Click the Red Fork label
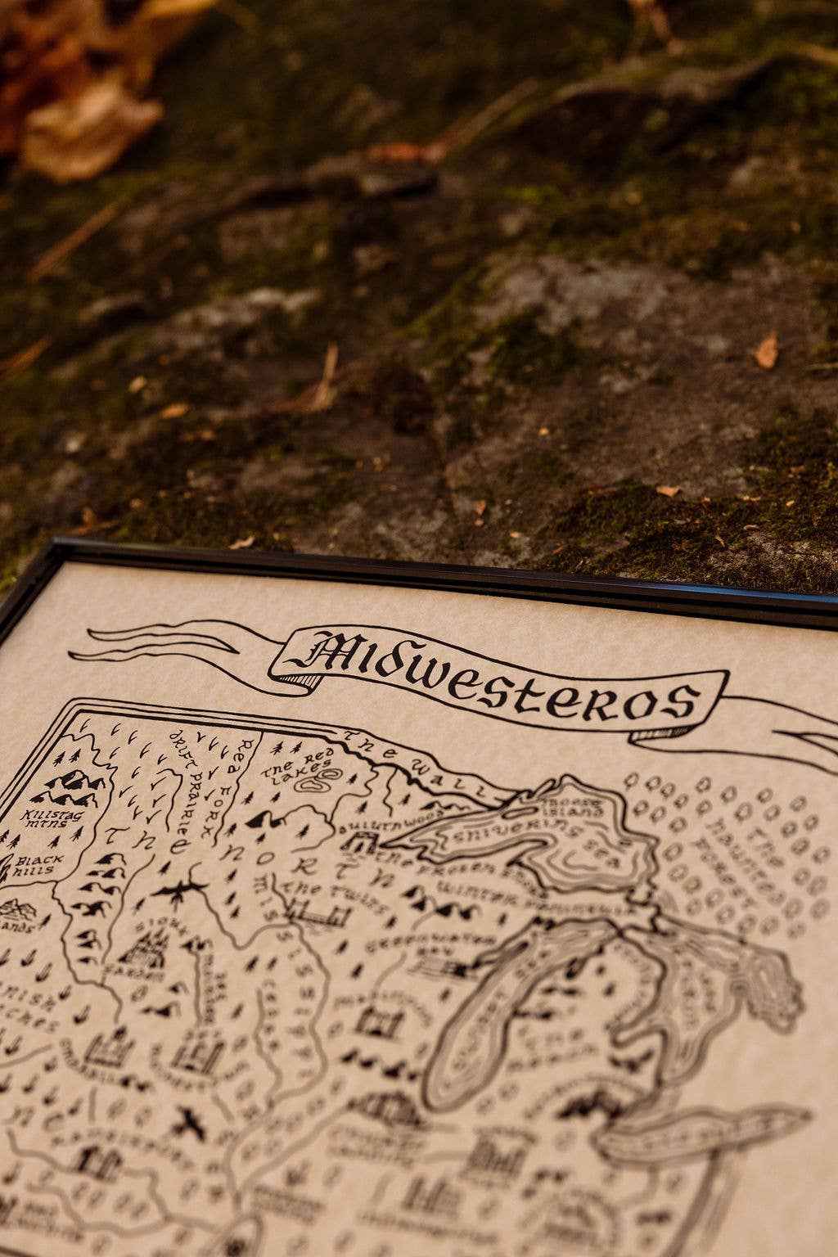coord(233,783)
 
